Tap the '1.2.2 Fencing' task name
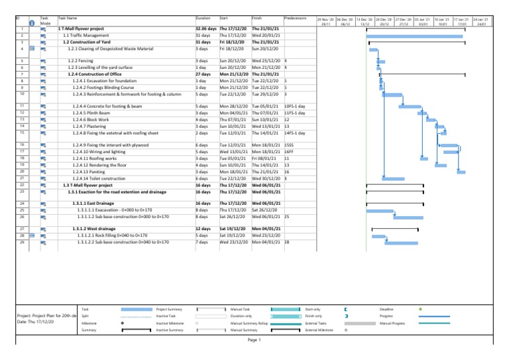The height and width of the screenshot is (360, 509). pyautogui.click(x=80, y=60)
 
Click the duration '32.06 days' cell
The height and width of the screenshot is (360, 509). pyautogui.click(x=207, y=29)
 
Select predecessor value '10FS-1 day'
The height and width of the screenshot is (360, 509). pyautogui.click(x=295, y=106)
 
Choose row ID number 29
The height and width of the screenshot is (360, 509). pyautogui.click(x=23, y=242)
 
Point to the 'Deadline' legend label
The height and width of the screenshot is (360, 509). pyautogui.click(x=388, y=309)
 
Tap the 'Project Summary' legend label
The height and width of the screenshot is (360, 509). pyautogui.click(x=169, y=309)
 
